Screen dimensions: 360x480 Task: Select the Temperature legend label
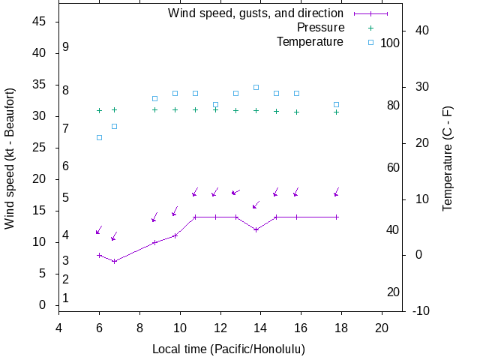[x=310, y=42]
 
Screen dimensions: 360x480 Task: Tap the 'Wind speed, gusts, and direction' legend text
[x=255, y=13]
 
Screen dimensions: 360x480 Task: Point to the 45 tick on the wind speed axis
[x=40, y=22]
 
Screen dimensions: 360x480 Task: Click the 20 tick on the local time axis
[x=382, y=327]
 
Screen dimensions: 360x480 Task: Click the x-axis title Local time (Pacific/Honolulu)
[x=228, y=349]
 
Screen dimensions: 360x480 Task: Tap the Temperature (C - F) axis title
[x=448, y=157]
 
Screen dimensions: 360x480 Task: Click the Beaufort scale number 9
[x=66, y=47]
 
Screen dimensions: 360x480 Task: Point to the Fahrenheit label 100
[x=390, y=43]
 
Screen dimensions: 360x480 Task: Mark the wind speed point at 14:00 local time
[x=256, y=229]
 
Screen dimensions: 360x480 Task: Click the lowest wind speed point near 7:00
[x=114, y=261]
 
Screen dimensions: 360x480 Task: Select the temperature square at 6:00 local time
[x=99, y=137]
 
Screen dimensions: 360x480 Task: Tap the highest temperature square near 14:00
[x=256, y=87]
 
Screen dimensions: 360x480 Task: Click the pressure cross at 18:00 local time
[x=337, y=112]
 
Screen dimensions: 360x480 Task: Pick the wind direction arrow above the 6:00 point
[x=99, y=230]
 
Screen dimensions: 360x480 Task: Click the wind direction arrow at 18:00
[x=337, y=192]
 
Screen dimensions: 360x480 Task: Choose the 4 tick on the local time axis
[x=58, y=327]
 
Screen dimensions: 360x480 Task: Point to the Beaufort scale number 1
[x=66, y=298]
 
